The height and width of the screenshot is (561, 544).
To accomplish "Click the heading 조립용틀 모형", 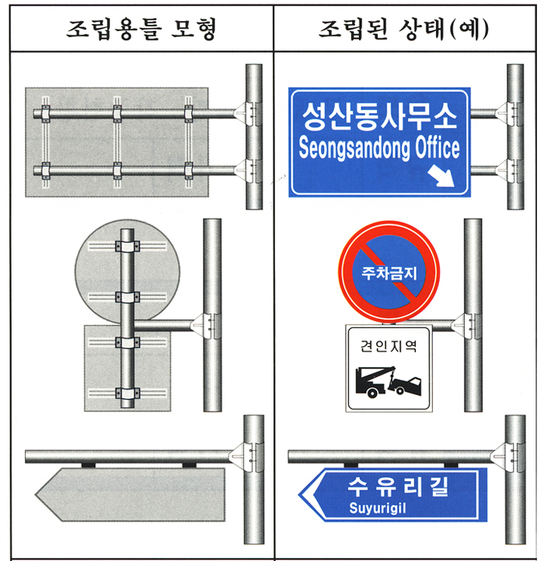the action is tap(142, 29).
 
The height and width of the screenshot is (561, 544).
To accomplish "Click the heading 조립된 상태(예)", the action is tap(404, 29).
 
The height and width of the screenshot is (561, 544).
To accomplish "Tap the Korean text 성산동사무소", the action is tap(379, 116).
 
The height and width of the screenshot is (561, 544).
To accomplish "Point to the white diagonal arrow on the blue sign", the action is tap(441, 175).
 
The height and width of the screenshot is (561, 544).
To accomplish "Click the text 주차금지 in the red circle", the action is tap(389, 273).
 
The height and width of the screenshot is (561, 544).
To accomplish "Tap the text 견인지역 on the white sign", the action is tap(389, 346).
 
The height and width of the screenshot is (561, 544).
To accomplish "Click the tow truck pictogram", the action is tap(389, 382).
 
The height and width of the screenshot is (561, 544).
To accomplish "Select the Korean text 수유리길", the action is tap(398, 487).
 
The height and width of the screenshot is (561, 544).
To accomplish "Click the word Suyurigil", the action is tap(378, 508).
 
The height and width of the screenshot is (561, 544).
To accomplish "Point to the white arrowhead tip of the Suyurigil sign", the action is tap(300, 495).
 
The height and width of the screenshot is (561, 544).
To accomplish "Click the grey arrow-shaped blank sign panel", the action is tap(131, 494).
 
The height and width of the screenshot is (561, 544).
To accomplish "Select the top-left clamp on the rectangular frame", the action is tap(46, 114).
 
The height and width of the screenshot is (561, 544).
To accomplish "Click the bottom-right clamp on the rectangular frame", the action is tap(189, 171).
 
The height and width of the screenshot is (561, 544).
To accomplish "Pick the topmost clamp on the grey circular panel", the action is tap(127, 247).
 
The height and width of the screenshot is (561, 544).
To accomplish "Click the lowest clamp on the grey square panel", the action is tap(127, 393).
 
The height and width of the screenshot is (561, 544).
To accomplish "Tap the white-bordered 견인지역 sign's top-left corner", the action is tap(346, 325).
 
